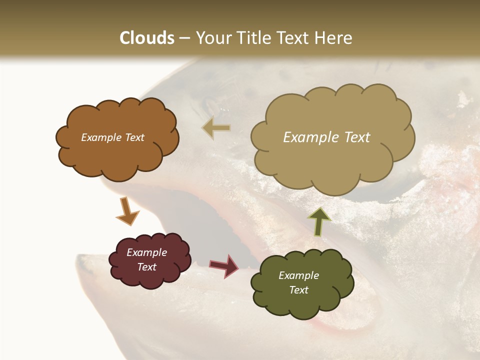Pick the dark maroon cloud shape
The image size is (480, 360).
(x=149, y=259)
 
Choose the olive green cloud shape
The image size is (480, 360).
(x=302, y=283)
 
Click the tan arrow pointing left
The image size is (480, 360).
(x=216, y=128)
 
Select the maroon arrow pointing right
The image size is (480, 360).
(x=224, y=265)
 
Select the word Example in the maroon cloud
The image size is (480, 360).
(x=147, y=252)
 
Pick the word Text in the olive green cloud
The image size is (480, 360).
(x=298, y=290)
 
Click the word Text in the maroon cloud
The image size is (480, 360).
(x=147, y=267)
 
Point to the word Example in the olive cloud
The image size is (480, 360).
(x=298, y=275)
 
